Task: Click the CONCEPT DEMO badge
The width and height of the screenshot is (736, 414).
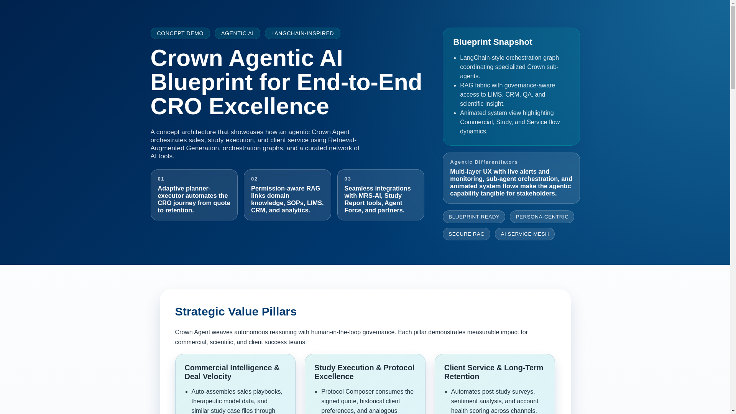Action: click(x=180, y=33)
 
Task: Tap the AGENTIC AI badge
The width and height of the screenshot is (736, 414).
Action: click(x=237, y=33)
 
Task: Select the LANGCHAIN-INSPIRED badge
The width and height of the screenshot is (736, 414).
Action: click(x=302, y=33)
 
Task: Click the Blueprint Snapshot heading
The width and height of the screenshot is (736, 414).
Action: click(x=493, y=42)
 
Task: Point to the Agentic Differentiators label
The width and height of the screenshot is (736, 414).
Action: click(x=484, y=162)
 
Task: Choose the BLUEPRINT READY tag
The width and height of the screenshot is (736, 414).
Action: click(x=474, y=217)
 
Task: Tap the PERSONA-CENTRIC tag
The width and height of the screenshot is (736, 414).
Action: click(x=542, y=217)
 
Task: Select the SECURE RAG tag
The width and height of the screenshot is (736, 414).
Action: click(x=466, y=234)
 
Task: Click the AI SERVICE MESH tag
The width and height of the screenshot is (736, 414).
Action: click(x=524, y=234)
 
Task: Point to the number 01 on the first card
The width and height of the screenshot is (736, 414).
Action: click(x=161, y=179)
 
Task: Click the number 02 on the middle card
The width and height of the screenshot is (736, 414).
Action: click(x=254, y=179)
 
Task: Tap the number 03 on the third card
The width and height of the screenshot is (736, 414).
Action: click(x=348, y=179)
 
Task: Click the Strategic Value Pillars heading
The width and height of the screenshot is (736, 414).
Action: click(x=236, y=312)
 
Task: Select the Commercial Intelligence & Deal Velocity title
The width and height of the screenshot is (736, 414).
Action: click(x=232, y=372)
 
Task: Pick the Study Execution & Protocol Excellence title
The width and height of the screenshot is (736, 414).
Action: click(x=364, y=372)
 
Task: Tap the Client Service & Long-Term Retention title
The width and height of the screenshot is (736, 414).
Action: click(x=494, y=372)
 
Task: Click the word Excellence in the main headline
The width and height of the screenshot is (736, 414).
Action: click(x=269, y=106)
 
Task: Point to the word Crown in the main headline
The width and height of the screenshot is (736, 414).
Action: click(x=187, y=58)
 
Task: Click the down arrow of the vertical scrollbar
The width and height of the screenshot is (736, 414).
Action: click(x=733, y=411)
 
